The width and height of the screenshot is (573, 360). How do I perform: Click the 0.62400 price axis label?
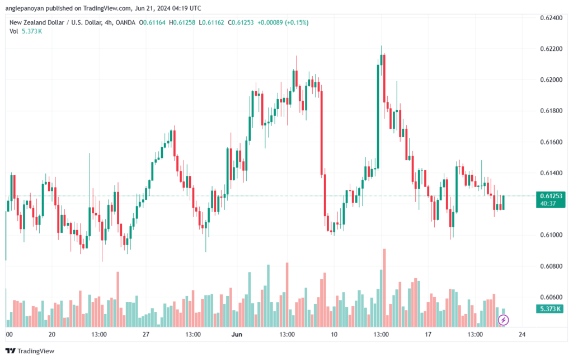551,18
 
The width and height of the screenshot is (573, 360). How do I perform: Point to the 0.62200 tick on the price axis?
551,49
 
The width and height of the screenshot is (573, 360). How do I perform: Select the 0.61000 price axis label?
551,235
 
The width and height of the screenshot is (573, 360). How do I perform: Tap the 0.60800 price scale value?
551,266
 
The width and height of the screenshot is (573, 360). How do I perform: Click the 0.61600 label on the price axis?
551,142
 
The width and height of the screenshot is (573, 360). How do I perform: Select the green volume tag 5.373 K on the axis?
551,309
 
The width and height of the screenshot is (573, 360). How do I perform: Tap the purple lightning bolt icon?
503,320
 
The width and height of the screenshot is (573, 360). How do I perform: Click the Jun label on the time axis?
237,334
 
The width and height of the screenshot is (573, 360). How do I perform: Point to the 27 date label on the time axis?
146,334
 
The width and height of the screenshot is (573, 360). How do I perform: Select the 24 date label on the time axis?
522,334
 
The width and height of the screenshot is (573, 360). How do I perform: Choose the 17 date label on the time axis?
428,334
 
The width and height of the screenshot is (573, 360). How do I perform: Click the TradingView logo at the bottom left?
30,351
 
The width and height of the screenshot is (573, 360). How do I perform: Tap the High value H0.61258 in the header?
182,22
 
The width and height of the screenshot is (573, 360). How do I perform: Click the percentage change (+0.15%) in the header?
297,22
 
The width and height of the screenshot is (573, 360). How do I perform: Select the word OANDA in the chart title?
125,22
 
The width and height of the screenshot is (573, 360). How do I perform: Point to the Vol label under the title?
14,31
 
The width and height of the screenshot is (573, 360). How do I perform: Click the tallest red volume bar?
384,288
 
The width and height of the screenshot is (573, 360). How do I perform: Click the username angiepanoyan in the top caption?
25,8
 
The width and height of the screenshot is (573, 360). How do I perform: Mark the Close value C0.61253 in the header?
241,22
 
